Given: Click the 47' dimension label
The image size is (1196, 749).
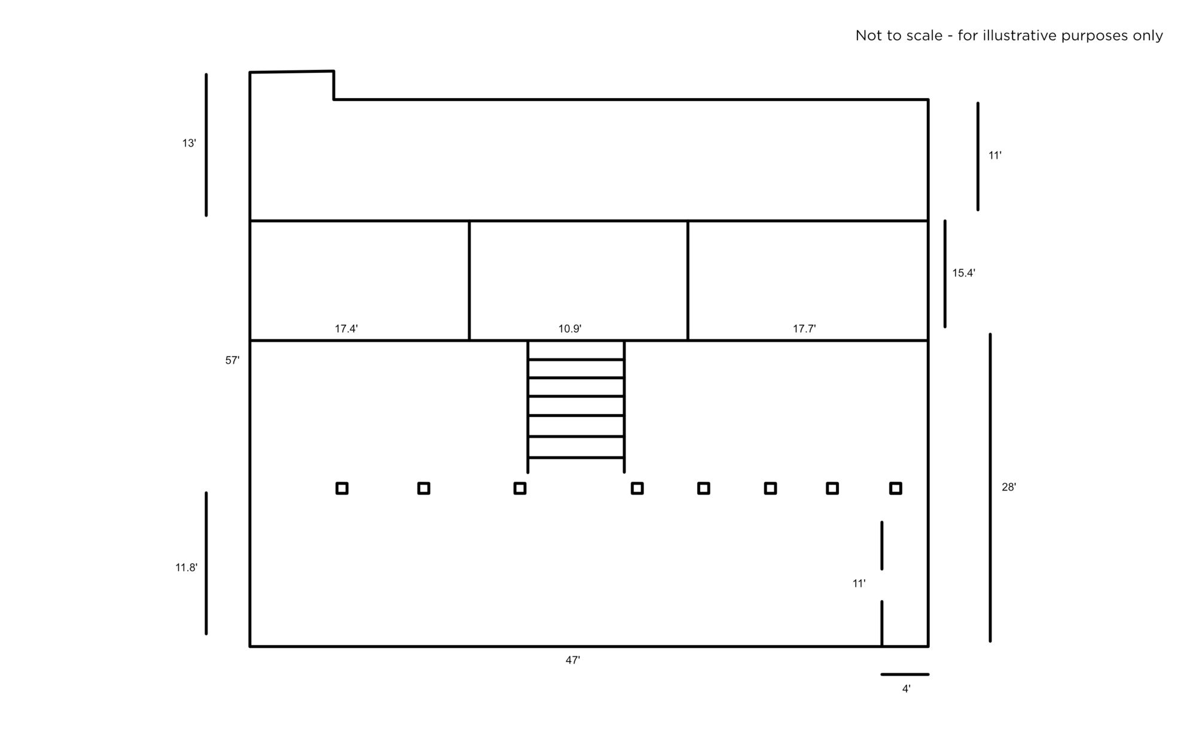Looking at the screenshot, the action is click(x=573, y=660).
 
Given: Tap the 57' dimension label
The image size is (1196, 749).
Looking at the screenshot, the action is click(x=232, y=361).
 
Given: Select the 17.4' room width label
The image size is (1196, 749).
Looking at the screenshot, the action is click(x=346, y=329).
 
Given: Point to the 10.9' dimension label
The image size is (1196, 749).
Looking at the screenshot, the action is click(x=570, y=329).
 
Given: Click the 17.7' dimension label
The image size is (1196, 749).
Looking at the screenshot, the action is click(x=804, y=329).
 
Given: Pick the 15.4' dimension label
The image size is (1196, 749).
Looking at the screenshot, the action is click(x=964, y=273).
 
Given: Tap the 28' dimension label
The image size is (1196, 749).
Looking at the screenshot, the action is click(x=1009, y=488).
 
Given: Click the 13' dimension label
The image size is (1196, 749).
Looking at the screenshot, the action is click(x=189, y=144).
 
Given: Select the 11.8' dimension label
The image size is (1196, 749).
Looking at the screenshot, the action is click(x=186, y=568).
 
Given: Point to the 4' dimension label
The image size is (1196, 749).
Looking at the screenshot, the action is click(x=907, y=689).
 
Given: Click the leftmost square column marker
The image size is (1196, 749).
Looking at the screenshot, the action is click(x=342, y=489).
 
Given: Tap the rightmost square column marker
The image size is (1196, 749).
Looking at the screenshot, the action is click(x=896, y=489).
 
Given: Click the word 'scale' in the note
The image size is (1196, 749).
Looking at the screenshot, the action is click(x=924, y=36).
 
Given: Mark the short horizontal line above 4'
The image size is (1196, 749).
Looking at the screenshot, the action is click(x=905, y=674).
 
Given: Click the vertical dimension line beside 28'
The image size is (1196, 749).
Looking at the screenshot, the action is click(x=990, y=488).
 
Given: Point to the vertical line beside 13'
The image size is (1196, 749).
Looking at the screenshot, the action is click(x=206, y=145).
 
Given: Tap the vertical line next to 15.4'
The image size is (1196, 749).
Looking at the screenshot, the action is click(x=945, y=274).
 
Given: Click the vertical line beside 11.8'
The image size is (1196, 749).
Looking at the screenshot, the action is click(x=206, y=563).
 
